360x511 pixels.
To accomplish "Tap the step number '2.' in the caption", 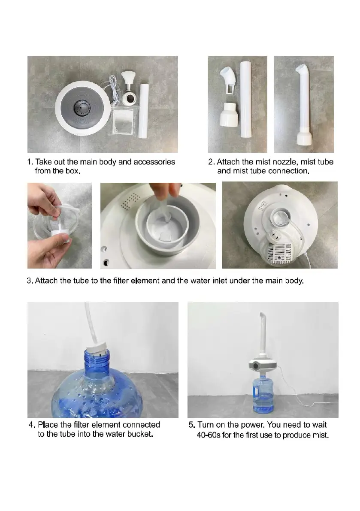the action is point(212,162).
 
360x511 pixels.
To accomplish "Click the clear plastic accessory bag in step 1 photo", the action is point(123,121).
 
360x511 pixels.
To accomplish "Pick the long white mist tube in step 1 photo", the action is point(144,111).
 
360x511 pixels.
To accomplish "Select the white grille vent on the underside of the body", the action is point(279,253).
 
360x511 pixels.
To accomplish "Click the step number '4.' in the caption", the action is point(32,425).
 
